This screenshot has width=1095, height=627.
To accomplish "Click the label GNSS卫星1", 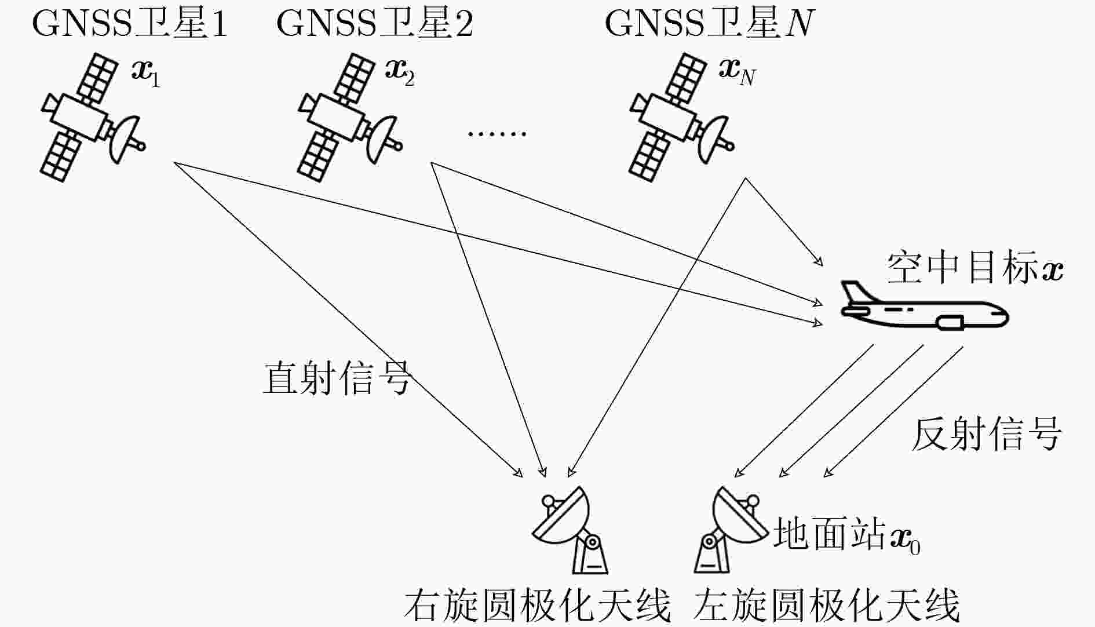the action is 130,24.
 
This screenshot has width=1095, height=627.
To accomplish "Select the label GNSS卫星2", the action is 375,24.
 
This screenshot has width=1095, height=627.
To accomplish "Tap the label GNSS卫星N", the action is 710,24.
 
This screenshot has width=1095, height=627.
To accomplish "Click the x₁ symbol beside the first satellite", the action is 145,73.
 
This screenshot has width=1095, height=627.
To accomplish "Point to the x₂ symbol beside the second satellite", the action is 400,73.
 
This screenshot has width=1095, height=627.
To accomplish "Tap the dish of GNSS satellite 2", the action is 383,139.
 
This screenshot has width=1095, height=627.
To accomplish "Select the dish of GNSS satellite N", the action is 715,139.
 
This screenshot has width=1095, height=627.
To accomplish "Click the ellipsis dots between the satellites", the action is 497,134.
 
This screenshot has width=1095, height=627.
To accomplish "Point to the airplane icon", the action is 924,307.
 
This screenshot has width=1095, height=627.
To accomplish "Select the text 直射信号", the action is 337,378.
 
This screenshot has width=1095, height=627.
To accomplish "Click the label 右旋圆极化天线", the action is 537,607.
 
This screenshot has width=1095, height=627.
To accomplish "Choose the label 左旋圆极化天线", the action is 827,607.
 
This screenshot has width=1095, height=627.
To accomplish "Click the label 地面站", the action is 830,534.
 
